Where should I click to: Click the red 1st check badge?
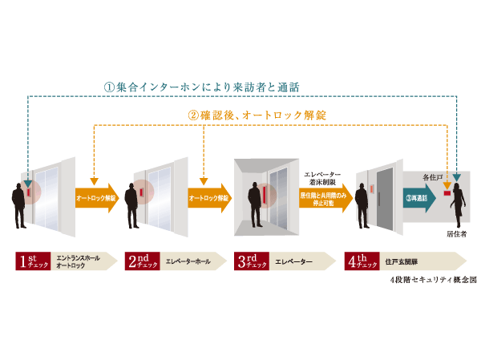click(33, 261)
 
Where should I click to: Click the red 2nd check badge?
click(143, 261)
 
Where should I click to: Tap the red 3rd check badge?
click(253, 261)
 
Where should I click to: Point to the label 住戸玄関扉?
click(401, 261)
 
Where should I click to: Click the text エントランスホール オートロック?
click(75, 261)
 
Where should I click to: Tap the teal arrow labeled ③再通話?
click(418, 197)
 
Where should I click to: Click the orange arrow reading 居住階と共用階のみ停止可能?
click(325, 197)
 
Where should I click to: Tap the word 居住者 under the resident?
click(456, 233)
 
